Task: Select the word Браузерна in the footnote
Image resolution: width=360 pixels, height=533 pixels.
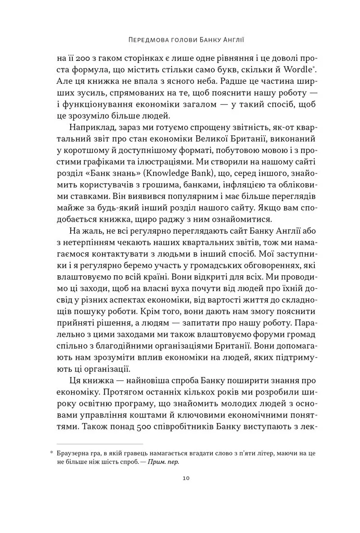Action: click(77, 453)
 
